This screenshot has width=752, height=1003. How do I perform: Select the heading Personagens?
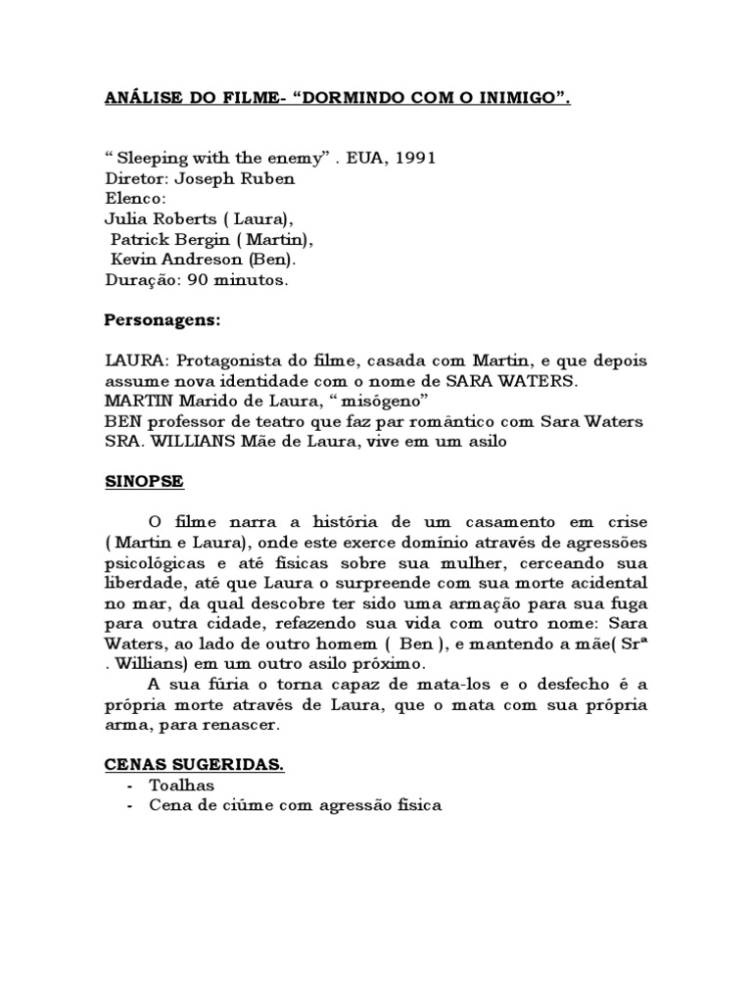pyautogui.click(x=163, y=320)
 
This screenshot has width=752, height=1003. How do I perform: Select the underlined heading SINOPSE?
pyautogui.click(x=143, y=483)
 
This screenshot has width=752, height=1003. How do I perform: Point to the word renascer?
pyautogui.click(x=237, y=724)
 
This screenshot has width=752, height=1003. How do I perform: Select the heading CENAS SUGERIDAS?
pyautogui.click(x=194, y=765)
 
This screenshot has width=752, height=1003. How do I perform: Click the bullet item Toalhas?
pyautogui.click(x=181, y=785)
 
